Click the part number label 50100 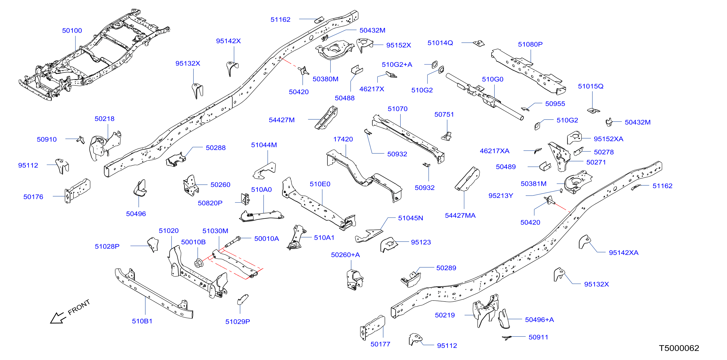[72, 31]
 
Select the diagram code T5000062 [679, 348]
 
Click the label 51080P [530, 44]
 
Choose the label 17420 [343, 139]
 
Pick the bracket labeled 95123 [389, 245]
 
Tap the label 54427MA [460, 215]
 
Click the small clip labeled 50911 [507, 337]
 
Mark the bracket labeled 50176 [77, 191]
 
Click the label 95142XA [623, 253]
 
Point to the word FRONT [79, 307]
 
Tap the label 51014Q [440, 43]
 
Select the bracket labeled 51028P [153, 245]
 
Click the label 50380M [325, 79]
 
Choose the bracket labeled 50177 [372, 327]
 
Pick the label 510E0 [320, 184]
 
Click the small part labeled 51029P [242, 299]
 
